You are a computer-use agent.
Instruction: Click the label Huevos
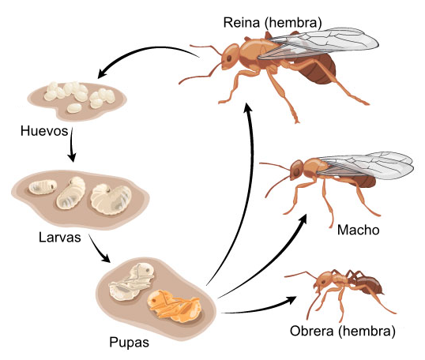(x=44, y=131)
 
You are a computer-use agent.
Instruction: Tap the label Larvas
(x=59, y=238)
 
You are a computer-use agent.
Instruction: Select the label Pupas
(x=129, y=343)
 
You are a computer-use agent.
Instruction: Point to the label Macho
(x=358, y=231)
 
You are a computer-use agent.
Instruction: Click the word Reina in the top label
(x=242, y=22)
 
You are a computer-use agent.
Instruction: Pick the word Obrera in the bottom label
(x=311, y=331)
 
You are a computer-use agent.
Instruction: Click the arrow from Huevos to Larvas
(x=72, y=145)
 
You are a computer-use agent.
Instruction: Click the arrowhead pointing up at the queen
(x=248, y=107)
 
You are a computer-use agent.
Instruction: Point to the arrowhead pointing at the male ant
(x=303, y=219)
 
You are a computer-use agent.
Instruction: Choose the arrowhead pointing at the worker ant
(x=291, y=300)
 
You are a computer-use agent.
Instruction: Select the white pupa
(x=132, y=282)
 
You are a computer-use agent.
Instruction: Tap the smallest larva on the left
(x=43, y=187)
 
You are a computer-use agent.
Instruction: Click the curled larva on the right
(x=111, y=199)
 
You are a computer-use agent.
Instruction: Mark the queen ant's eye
(x=229, y=58)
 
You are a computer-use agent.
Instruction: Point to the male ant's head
(x=297, y=169)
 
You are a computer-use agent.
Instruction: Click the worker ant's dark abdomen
(x=370, y=286)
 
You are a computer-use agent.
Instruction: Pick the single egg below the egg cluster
(x=74, y=108)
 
